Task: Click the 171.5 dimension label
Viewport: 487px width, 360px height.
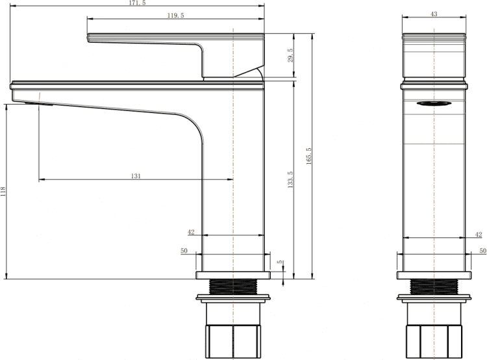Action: [137, 3]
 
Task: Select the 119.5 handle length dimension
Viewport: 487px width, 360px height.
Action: [176, 15]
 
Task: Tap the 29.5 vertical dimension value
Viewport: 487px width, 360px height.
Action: [291, 55]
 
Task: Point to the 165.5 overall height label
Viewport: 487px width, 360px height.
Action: [308, 156]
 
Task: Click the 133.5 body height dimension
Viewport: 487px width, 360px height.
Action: [290, 180]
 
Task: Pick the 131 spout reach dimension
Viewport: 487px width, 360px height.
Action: [136, 176]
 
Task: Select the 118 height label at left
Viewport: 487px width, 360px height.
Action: [3, 192]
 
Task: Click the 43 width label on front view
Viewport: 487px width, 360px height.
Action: [434, 14]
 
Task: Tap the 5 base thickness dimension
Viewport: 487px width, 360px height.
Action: [280, 262]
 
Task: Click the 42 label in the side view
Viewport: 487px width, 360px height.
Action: [479, 235]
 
